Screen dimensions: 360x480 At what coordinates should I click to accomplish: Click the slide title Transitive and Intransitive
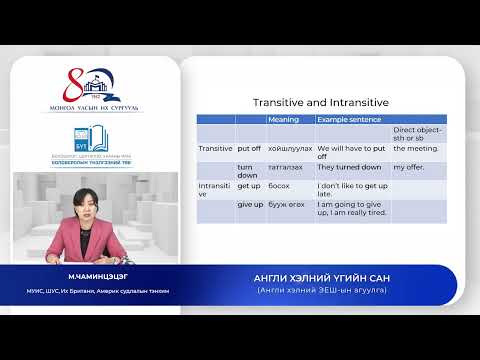[x=319, y=102]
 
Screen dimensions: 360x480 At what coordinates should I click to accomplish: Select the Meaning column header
[x=283, y=119]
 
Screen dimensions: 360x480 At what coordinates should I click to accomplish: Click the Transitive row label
[x=215, y=149]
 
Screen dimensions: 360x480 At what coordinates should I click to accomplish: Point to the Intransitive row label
[x=215, y=190]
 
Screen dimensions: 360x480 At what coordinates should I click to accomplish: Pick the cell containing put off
[x=248, y=149]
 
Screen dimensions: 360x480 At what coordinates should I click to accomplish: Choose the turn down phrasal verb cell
[x=247, y=171]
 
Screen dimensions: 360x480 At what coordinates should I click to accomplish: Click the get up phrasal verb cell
[x=248, y=186]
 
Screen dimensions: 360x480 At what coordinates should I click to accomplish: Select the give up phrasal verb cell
[x=250, y=204]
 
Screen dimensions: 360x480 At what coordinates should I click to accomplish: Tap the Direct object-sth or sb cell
[x=418, y=133]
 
